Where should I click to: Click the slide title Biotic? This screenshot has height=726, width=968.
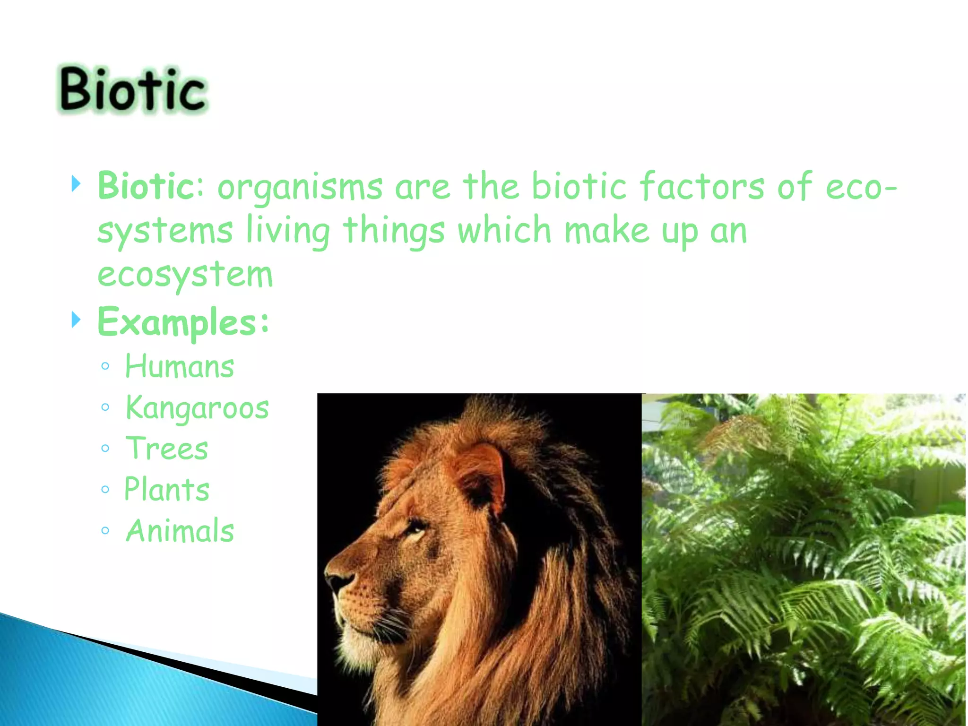(x=133, y=89)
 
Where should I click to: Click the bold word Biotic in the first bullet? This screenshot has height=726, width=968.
(x=144, y=186)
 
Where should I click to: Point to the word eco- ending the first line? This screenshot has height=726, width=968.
(x=861, y=187)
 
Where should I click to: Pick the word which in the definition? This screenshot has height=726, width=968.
(x=504, y=230)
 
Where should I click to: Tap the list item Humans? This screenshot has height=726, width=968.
(x=179, y=366)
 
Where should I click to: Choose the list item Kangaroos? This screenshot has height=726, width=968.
(x=197, y=408)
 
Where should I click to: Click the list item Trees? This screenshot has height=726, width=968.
(x=167, y=449)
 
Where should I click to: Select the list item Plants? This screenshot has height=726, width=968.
(x=167, y=489)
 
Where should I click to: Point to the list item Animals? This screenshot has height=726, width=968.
(x=180, y=530)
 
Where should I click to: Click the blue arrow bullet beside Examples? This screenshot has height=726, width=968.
(x=76, y=320)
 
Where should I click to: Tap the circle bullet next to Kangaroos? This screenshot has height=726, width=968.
(x=105, y=407)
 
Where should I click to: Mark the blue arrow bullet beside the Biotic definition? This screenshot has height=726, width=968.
(x=76, y=183)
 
